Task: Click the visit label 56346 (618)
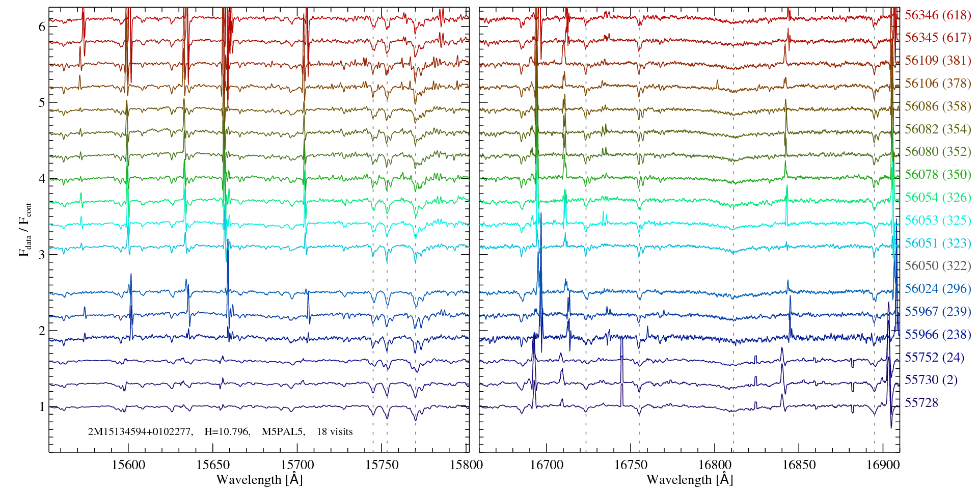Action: (x=937, y=15)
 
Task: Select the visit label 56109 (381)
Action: (x=937, y=61)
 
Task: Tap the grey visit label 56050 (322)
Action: (x=937, y=266)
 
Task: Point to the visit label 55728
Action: (x=921, y=403)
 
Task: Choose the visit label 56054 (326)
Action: (x=937, y=198)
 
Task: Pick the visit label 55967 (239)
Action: (x=937, y=311)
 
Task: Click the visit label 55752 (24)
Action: (x=934, y=358)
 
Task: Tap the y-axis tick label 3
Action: (x=42, y=255)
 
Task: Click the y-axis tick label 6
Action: (x=42, y=27)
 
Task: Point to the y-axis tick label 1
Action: (x=42, y=407)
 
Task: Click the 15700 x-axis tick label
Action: (x=297, y=465)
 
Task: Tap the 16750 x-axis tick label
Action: (x=631, y=465)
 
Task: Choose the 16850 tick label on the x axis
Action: (x=799, y=465)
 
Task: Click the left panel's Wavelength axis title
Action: (x=259, y=480)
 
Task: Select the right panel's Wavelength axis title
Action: (x=689, y=480)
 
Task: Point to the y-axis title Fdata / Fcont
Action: (x=24, y=229)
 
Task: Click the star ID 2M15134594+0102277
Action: (x=140, y=432)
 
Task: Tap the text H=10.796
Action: (x=227, y=432)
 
